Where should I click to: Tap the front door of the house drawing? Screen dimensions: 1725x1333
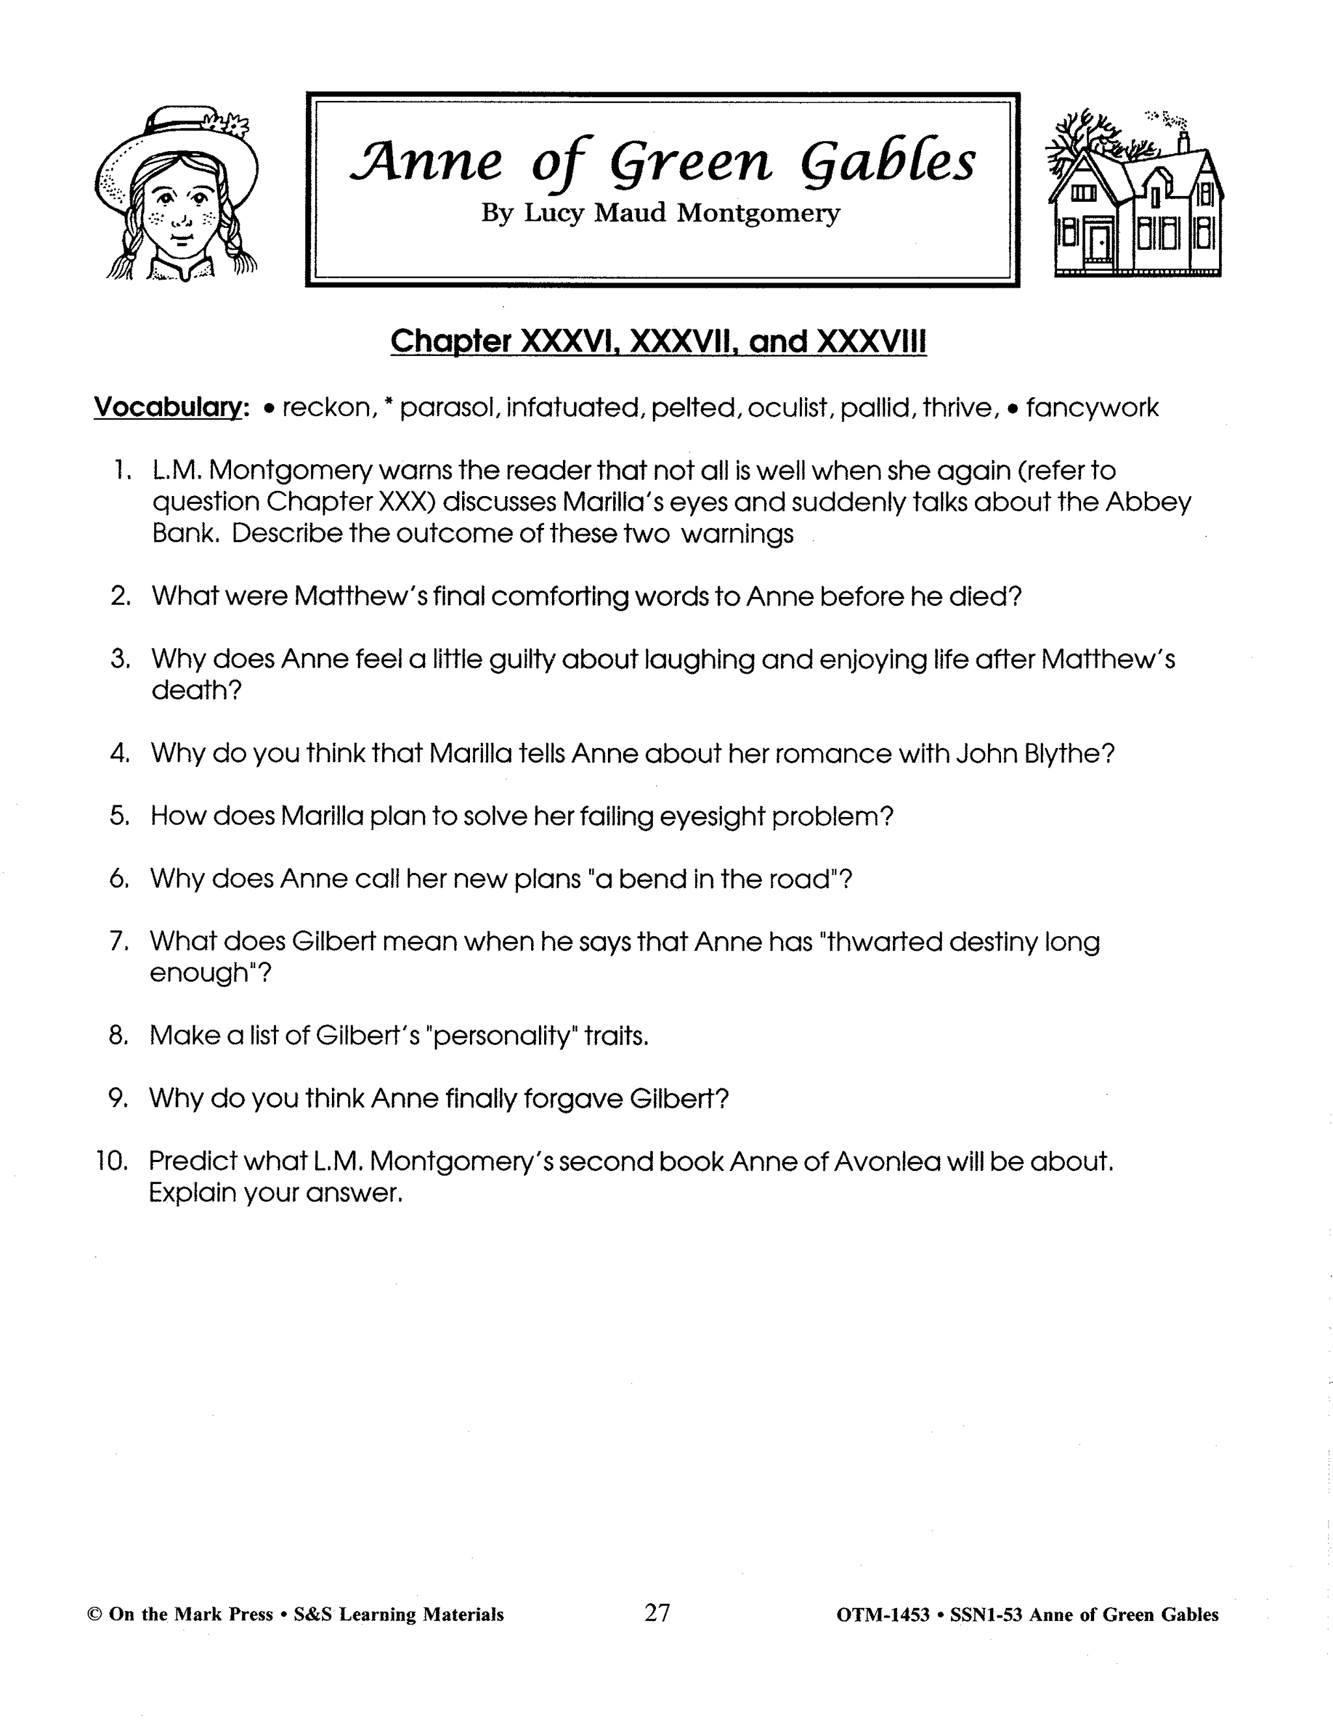coord(1097,243)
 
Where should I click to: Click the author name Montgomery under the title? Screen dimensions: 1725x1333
coord(758,214)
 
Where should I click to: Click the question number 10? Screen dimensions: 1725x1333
coord(111,1162)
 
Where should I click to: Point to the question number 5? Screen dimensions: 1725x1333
coord(120,816)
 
